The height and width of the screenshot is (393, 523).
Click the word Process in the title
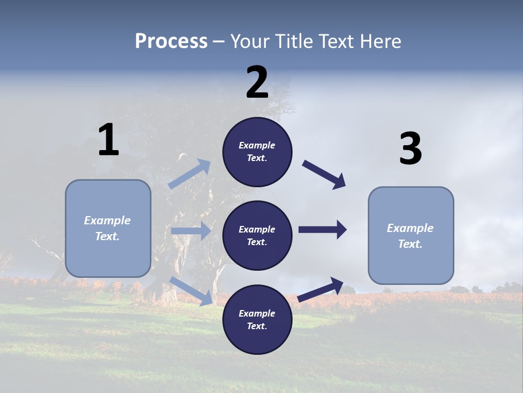pyautogui.click(x=171, y=41)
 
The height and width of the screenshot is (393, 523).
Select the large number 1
pyautogui.click(x=108, y=140)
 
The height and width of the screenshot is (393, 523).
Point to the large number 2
pyautogui.click(x=257, y=82)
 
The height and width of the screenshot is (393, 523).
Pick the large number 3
pyautogui.click(x=410, y=149)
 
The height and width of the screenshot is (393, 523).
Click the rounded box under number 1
pyautogui.click(x=108, y=228)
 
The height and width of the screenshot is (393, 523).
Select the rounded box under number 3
pyautogui.click(x=411, y=236)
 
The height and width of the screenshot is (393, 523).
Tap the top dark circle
pyautogui.click(x=257, y=152)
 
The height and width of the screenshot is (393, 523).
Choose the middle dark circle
pyautogui.click(x=257, y=235)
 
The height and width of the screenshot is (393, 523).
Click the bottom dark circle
pyautogui.click(x=257, y=319)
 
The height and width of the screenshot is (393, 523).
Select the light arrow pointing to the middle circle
pyautogui.click(x=191, y=231)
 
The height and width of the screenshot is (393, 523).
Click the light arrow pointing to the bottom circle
pyautogui.click(x=191, y=290)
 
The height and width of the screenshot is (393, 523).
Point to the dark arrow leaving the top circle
pyautogui.click(x=324, y=175)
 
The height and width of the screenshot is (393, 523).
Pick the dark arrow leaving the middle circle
pyautogui.click(x=323, y=230)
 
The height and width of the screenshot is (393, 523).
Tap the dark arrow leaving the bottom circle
pyautogui.click(x=321, y=289)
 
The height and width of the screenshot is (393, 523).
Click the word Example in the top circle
pyautogui.click(x=257, y=145)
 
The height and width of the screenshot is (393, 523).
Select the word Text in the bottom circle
pyautogui.click(x=256, y=326)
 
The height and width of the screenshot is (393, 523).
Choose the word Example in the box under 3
pyautogui.click(x=410, y=228)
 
